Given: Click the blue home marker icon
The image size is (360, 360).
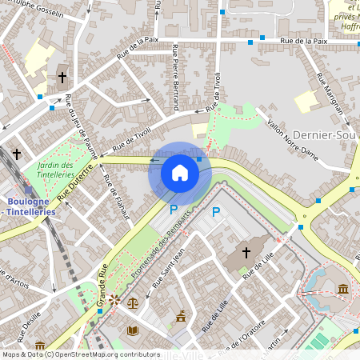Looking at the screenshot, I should click(x=180, y=173).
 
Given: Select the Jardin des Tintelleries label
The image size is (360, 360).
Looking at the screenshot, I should click(x=55, y=169).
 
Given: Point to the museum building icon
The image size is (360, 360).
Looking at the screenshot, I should click(x=343, y=288).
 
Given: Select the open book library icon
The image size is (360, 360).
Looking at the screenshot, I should click(x=133, y=330).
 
